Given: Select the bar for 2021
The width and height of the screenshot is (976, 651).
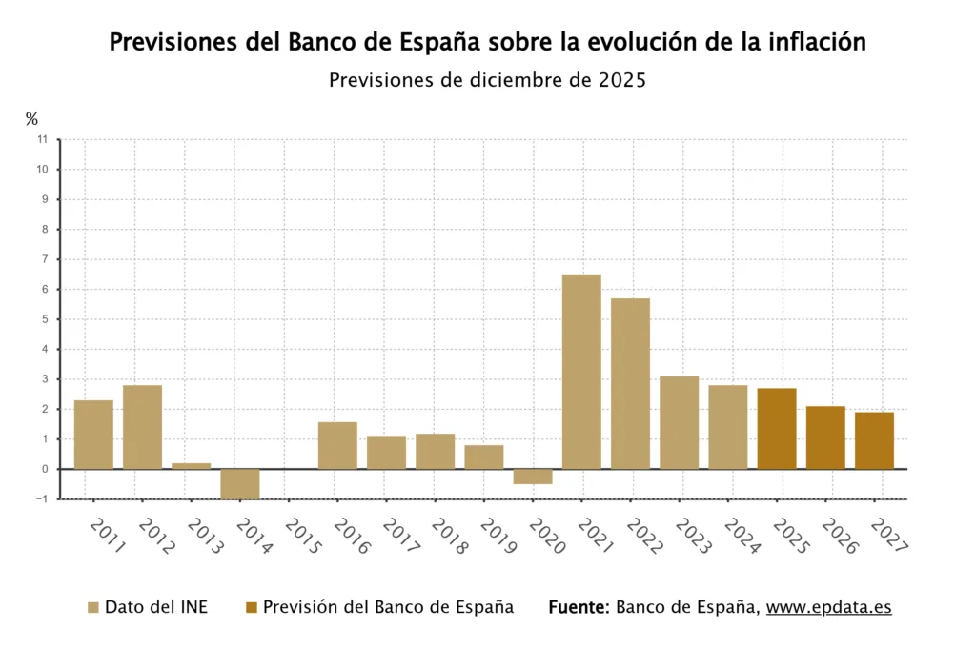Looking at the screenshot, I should (x=581, y=372).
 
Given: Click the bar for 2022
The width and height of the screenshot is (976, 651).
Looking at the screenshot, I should (x=630, y=383).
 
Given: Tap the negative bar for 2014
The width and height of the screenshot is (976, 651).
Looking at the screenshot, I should (x=240, y=483).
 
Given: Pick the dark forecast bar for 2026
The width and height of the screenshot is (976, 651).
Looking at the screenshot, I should (x=825, y=437).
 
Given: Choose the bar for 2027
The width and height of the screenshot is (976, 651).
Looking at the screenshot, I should (x=874, y=440).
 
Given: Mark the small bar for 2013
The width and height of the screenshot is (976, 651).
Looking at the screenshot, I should (x=191, y=466).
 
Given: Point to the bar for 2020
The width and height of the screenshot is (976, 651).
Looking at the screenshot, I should (x=533, y=477).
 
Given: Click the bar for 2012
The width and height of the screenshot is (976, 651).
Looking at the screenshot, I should (x=142, y=427).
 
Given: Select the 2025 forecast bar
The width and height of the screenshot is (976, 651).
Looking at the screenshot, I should (x=777, y=429).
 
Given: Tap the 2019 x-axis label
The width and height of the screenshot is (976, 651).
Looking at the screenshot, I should (x=497, y=537).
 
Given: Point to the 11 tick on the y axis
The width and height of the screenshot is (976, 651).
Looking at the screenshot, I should (x=42, y=139).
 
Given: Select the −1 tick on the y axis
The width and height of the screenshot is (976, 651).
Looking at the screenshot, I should (x=40, y=499).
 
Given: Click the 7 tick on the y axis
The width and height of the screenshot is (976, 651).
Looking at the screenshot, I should (x=44, y=259).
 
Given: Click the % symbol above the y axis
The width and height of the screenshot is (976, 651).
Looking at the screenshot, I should (x=32, y=119).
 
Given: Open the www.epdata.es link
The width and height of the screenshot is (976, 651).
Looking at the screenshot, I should (x=828, y=607).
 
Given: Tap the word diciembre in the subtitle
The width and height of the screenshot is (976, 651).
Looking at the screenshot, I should (x=514, y=80).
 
